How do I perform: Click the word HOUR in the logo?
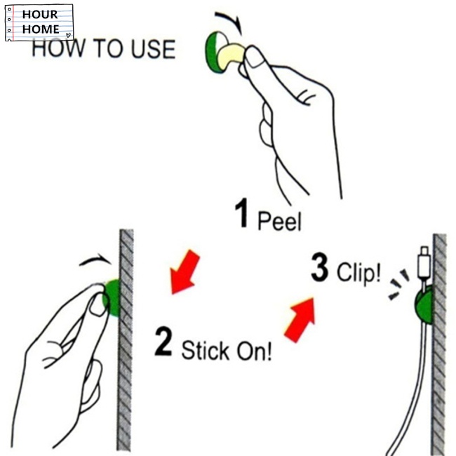[40, 15]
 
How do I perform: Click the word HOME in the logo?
[41, 29]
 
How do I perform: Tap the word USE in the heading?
[153, 49]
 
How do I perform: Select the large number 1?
[241, 213]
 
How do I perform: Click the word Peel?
[279, 221]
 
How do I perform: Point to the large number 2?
[163, 341]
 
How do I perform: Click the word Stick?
[206, 350]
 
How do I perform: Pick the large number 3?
[320, 267]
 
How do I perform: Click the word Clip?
[358, 271]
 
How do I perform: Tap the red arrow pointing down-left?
[185, 272]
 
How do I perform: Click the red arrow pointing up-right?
[300, 320]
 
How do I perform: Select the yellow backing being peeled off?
[232, 55]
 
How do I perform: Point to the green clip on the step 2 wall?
[113, 297]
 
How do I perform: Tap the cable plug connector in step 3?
[424, 263]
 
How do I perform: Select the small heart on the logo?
[68, 35]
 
